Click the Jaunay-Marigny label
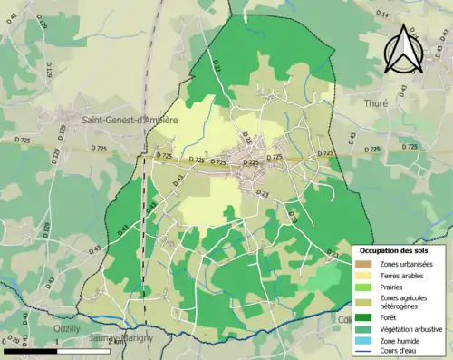pyautogui.click(x=120, y=338)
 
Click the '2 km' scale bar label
pyautogui.click(x=116, y=341)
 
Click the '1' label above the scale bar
pyautogui.click(x=57, y=341)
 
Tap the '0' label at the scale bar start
pyautogui.click(x=5, y=341)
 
